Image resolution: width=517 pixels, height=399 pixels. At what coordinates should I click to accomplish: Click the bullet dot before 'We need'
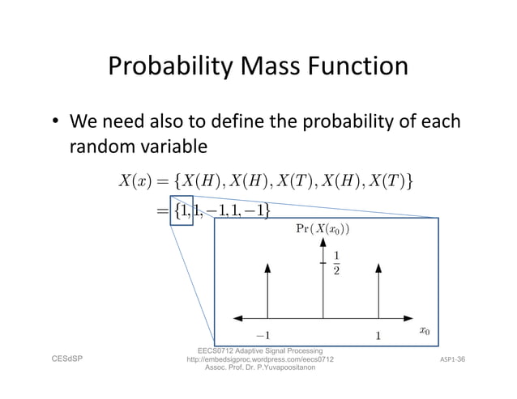point(53,125)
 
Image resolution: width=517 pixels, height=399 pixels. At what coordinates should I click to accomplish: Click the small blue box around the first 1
point(181,211)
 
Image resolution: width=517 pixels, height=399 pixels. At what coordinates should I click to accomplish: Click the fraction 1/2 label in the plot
point(336,264)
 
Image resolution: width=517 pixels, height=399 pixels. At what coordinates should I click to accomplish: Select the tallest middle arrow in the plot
point(323,279)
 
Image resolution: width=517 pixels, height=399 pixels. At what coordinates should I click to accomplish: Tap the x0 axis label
point(424,331)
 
